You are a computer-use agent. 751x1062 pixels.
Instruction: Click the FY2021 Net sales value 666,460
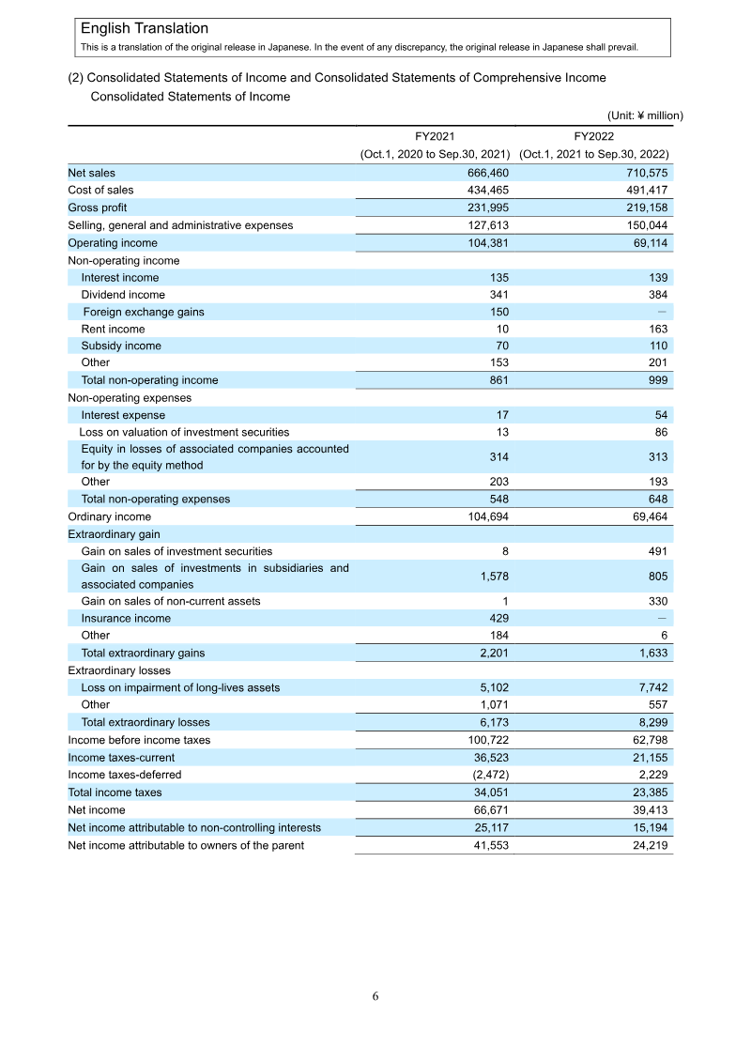[487, 173]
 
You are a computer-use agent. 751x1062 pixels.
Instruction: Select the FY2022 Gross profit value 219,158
[646, 208]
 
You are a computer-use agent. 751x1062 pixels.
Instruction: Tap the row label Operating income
[113, 243]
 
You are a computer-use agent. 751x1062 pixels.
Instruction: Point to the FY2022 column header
[593, 136]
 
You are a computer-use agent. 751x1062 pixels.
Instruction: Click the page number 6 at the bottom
[375, 996]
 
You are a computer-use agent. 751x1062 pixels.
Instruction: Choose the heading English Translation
[145, 29]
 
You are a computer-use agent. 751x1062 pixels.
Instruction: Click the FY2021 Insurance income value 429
[499, 619]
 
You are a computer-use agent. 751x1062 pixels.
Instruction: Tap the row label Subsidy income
[121, 346]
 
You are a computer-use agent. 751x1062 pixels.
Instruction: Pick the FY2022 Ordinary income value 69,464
[646, 516]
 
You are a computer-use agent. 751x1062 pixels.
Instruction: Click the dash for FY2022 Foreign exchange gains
[663, 312]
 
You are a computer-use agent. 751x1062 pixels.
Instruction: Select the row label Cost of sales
[100, 191]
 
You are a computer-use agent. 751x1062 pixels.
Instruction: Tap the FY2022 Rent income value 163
[658, 329]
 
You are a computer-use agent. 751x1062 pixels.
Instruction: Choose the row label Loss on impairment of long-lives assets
[180, 687]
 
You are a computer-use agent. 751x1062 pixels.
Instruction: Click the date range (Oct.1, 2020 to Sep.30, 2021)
[435, 154]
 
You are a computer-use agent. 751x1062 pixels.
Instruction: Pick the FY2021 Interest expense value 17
[502, 415]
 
